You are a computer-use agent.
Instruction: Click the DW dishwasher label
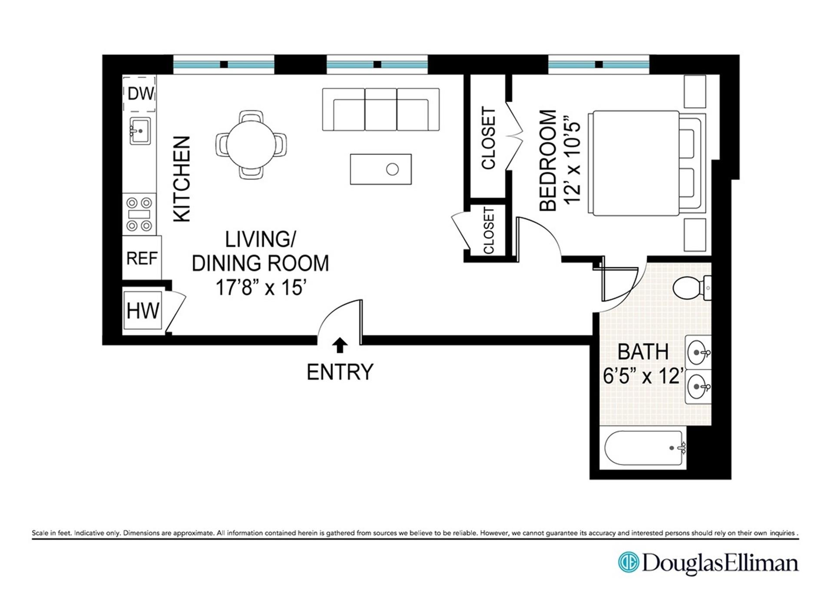tap(140, 94)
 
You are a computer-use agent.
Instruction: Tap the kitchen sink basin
tap(140, 130)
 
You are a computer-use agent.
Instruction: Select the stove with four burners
tap(139, 214)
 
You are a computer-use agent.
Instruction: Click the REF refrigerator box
tap(142, 258)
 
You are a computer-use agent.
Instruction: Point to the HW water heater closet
tap(142, 311)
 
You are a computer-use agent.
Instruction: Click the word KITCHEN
tap(182, 179)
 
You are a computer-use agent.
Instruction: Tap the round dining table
tap(251, 144)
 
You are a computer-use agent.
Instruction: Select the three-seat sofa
tap(381, 109)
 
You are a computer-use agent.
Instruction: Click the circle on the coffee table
tap(392, 169)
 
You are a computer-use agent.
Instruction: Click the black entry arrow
tap(340, 345)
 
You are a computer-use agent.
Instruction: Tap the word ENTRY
tap(340, 372)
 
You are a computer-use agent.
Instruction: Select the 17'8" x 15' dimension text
tap(261, 287)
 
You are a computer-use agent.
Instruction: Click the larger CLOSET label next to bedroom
tap(488, 138)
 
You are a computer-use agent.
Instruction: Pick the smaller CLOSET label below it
tap(489, 230)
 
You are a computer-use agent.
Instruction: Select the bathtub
tap(643, 448)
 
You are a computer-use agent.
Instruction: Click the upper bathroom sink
tap(698, 352)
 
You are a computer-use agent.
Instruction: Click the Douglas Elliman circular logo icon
tap(628, 562)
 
